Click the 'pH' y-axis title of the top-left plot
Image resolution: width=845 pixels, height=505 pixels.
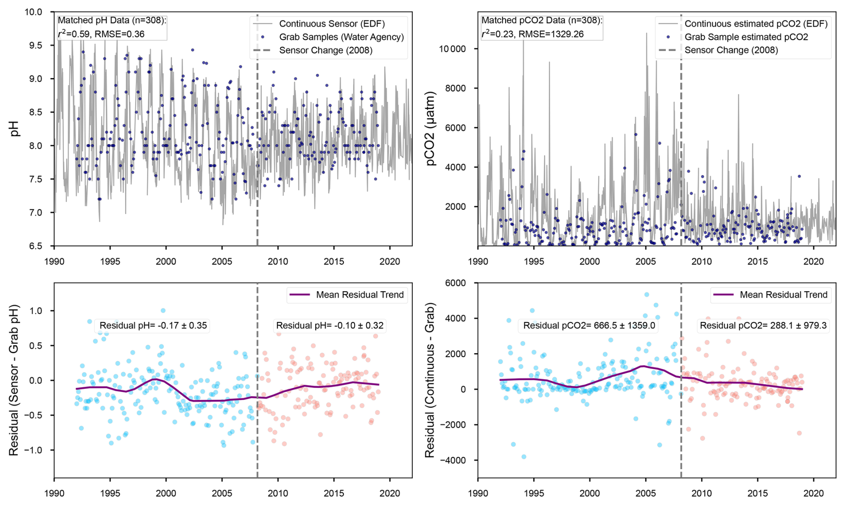point(15,129)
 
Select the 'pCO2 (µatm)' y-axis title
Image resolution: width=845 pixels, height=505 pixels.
point(431,129)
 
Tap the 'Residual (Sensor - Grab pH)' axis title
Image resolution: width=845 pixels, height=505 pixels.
point(14,380)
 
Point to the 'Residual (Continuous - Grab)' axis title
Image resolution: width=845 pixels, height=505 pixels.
point(430,380)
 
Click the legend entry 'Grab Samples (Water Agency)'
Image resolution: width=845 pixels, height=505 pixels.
point(341,37)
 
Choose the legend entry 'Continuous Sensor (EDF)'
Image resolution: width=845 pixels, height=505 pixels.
point(331,24)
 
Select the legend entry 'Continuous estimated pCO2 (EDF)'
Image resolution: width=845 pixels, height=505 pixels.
point(756,24)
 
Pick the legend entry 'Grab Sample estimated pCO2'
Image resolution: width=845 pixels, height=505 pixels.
point(746,37)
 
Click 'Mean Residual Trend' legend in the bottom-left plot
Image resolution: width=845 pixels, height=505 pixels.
point(360,295)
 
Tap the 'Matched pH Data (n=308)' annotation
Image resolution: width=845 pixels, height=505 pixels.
point(112,20)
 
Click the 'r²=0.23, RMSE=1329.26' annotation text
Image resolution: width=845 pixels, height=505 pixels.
point(532,34)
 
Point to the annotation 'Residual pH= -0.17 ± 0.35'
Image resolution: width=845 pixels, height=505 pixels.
point(153,326)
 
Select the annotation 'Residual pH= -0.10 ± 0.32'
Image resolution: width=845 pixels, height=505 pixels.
point(330,326)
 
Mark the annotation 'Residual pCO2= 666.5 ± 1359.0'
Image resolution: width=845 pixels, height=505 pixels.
point(589,326)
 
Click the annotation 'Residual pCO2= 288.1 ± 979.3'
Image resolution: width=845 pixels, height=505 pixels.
point(763,326)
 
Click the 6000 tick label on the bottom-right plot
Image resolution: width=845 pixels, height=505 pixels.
point(460,283)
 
